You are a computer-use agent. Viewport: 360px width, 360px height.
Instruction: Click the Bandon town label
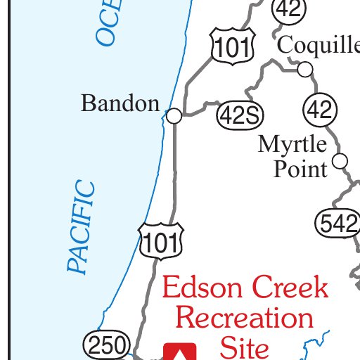click(120, 104)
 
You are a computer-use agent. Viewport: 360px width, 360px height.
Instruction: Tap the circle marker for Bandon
click(174, 116)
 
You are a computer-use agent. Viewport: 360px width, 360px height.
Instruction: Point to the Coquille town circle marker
click(305, 69)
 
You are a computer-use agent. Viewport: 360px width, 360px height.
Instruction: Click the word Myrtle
click(292, 145)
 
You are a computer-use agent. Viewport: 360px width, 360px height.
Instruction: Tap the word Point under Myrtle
click(300, 169)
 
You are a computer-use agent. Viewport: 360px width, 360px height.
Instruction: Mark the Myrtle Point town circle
click(340, 161)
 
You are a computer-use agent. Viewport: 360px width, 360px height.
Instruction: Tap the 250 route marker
click(107, 345)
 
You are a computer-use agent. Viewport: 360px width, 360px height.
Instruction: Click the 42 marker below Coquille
click(321, 110)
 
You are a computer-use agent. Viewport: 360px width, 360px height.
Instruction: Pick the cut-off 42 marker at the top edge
click(287, 8)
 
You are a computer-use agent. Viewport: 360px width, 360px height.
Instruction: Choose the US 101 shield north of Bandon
click(228, 46)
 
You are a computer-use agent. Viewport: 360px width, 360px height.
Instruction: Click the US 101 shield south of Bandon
click(161, 241)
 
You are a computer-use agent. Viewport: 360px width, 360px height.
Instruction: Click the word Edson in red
click(202, 288)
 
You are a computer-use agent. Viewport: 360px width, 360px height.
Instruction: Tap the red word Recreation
click(244, 318)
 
